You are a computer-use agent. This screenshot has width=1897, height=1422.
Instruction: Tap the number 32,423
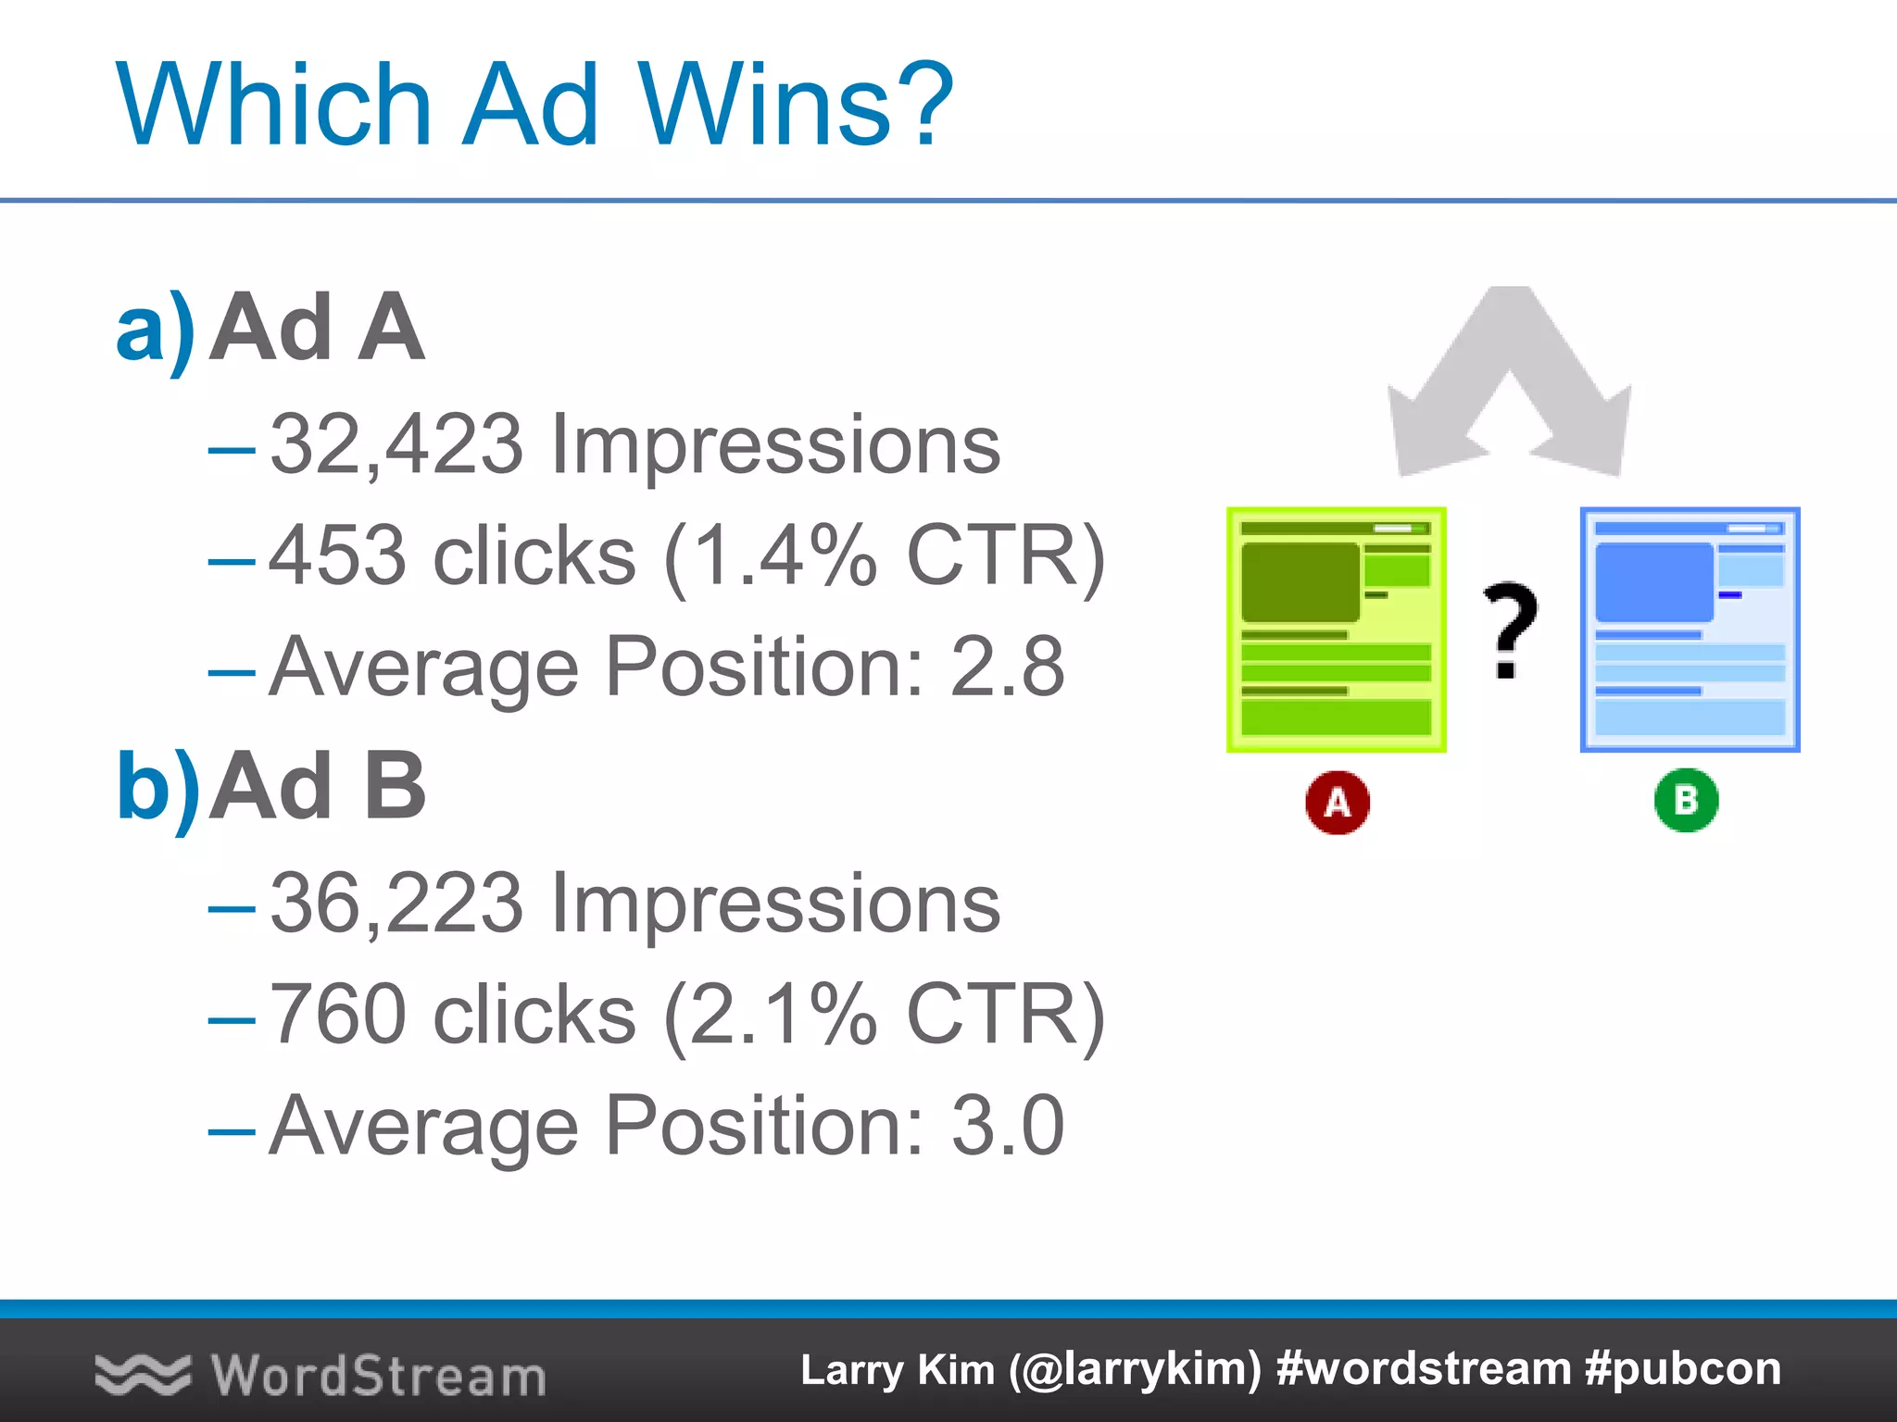(x=396, y=445)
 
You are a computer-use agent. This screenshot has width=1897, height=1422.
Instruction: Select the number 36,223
(x=396, y=904)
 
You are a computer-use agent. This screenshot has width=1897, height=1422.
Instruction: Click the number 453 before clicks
(x=338, y=556)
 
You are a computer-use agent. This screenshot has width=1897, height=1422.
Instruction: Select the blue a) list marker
(x=156, y=329)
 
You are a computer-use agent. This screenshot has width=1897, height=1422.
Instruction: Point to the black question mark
(x=1509, y=630)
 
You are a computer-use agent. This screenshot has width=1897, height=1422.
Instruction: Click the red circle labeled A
(x=1337, y=802)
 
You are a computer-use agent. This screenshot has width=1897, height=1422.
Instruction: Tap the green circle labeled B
(x=1686, y=800)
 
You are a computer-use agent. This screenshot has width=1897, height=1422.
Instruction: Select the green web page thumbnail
(x=1336, y=630)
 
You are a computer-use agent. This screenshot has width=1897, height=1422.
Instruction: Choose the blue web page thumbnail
(x=1690, y=630)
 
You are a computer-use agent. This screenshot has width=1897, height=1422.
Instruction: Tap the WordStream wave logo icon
(x=142, y=1374)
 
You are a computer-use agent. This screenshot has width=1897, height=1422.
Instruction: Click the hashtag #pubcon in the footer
(x=1682, y=1369)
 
